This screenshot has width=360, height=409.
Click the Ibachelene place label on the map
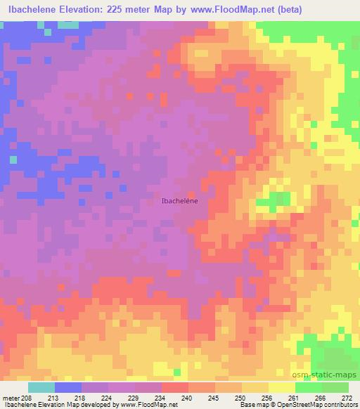(x=180, y=201)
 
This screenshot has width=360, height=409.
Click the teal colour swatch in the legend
(x=41, y=387)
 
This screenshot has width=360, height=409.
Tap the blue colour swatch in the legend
(x=68, y=387)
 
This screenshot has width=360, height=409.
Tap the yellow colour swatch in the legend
(x=282, y=387)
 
